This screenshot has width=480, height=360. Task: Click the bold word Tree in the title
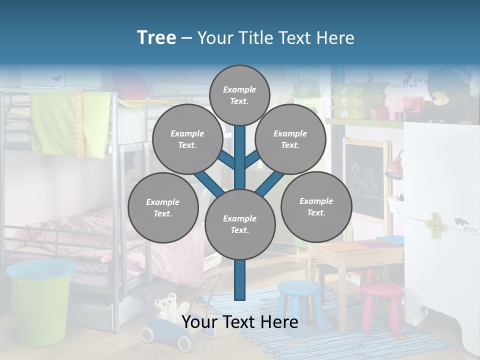pyautogui.click(x=156, y=37)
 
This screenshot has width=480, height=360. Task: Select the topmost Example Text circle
pyautogui.click(x=239, y=95)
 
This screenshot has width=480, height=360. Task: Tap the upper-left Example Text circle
pyautogui.click(x=187, y=139)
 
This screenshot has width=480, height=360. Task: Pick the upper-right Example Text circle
pyautogui.click(x=290, y=139)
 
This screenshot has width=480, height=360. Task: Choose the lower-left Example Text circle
pyautogui.click(x=162, y=207)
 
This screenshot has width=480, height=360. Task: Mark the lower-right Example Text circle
pyautogui.click(x=316, y=206)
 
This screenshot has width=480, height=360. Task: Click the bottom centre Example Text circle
pyautogui.click(x=239, y=224)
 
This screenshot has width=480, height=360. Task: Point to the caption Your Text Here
pyautogui.click(x=239, y=322)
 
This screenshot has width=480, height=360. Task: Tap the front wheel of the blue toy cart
pyautogui.click(x=184, y=343)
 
